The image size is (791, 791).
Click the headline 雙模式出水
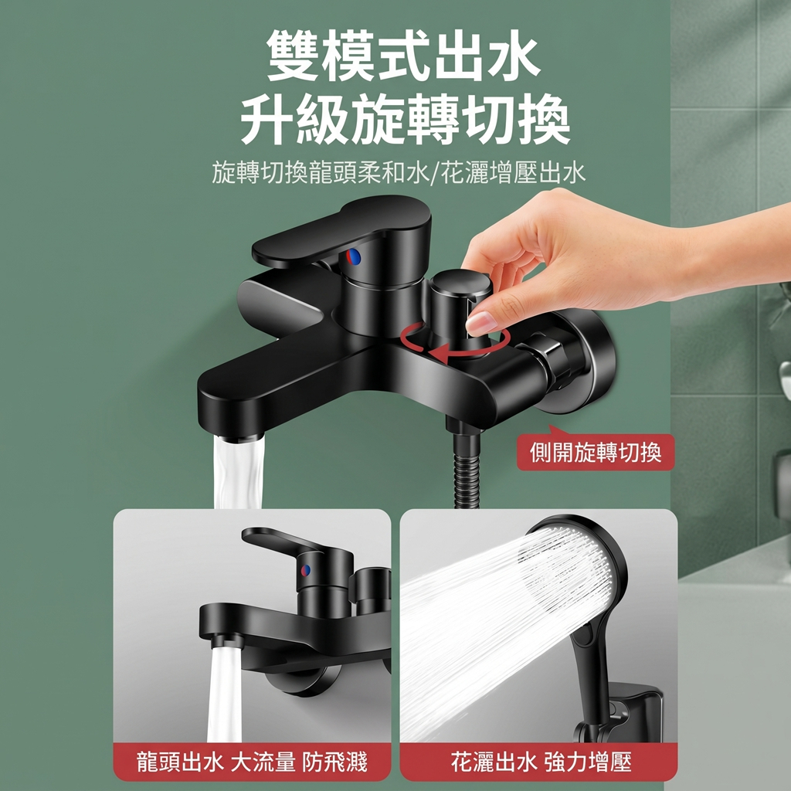point(403,56)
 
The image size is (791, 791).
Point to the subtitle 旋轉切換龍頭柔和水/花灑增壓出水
point(399,173)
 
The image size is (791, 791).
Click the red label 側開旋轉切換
point(596,452)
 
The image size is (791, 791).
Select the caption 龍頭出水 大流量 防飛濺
point(253,762)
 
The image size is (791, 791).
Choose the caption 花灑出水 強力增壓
point(541,762)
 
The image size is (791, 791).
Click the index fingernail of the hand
point(480,323)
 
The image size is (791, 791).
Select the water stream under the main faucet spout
point(239,472)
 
